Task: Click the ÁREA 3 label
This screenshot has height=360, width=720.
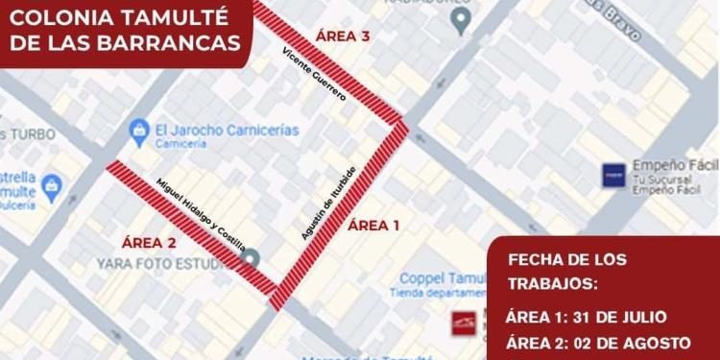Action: (x=343, y=36)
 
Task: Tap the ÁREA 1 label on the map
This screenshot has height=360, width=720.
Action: (x=372, y=226)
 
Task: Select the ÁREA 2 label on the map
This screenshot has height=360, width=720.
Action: (x=149, y=242)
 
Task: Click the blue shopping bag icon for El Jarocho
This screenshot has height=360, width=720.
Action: (x=139, y=128)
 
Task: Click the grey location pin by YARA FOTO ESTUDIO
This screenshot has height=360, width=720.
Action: (x=252, y=258)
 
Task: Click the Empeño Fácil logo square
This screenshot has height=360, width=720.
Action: (x=613, y=174)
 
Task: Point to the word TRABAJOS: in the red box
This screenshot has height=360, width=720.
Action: (x=551, y=283)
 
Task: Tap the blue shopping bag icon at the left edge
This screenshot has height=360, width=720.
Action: (x=52, y=185)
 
